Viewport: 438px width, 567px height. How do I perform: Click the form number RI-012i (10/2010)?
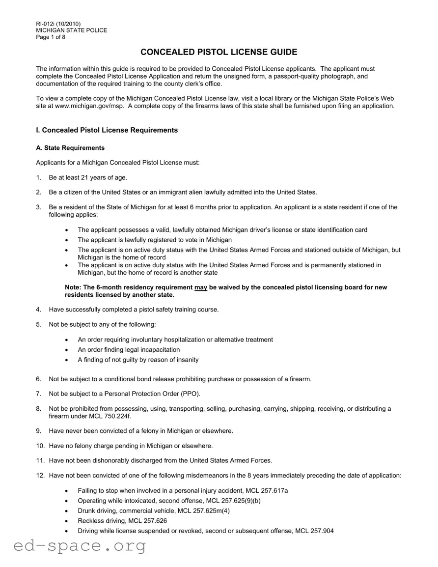(58, 24)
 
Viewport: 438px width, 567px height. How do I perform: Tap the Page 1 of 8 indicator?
(51, 37)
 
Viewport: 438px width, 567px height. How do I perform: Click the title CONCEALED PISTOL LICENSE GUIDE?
(219, 52)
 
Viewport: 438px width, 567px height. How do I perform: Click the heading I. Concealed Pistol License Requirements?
(107, 130)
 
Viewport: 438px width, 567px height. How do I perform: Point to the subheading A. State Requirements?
(70, 148)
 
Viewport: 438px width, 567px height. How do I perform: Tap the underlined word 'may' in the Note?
(200, 287)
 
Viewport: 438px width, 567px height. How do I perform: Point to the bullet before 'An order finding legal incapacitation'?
(67, 350)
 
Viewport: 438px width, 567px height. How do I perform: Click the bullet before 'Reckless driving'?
(67, 521)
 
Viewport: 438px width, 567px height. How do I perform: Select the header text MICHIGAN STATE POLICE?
(72, 30)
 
